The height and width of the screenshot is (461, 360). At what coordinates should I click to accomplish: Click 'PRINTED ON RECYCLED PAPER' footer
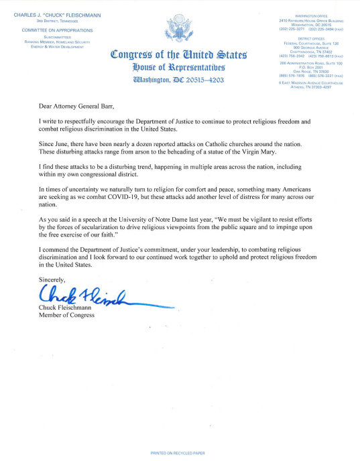click(x=179, y=454)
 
